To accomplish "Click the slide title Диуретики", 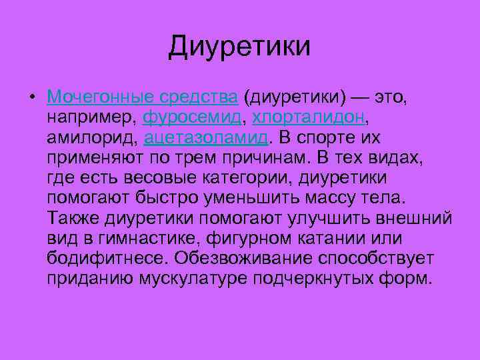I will [x=239, y=47].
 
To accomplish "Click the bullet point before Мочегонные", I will [x=31, y=98].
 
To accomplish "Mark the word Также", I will [x=74, y=218].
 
